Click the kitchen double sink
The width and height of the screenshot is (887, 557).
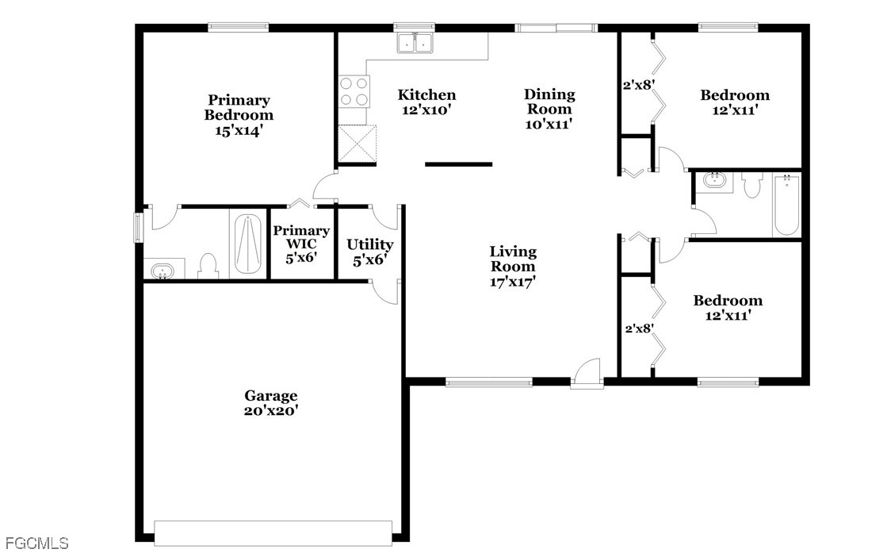pyautogui.click(x=415, y=43)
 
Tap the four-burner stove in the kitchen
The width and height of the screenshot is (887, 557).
pyautogui.click(x=354, y=92)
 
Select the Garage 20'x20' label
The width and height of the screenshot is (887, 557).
pyautogui.click(x=271, y=403)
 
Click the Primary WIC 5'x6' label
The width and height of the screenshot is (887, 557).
pyautogui.click(x=301, y=244)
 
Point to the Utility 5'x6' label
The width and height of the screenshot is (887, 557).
pyautogui.click(x=370, y=252)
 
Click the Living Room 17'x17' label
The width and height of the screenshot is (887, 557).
pyautogui.click(x=513, y=266)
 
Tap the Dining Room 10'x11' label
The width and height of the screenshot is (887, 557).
pyautogui.click(x=549, y=109)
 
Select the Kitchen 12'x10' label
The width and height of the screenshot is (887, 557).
pyautogui.click(x=426, y=102)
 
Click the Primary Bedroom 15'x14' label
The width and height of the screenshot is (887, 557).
pyautogui.click(x=239, y=115)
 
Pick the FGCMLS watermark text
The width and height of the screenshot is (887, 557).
pyautogui.click(x=35, y=544)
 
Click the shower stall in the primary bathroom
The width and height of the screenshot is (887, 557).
pyautogui.click(x=248, y=244)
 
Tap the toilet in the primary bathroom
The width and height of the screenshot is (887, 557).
pyautogui.click(x=208, y=266)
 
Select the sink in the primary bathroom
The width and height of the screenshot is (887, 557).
pyautogui.click(x=163, y=270)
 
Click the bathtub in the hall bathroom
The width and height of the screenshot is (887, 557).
pyautogui.click(x=786, y=205)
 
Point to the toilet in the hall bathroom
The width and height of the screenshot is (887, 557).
pyautogui.click(x=751, y=185)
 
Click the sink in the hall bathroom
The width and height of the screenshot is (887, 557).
pyautogui.click(x=714, y=181)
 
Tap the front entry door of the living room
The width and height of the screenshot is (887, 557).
pyautogui.click(x=587, y=373)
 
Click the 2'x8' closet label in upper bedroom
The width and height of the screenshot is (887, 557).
pyautogui.click(x=639, y=86)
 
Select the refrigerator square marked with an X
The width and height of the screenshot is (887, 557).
pyautogui.click(x=357, y=144)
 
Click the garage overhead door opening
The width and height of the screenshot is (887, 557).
pyautogui.click(x=273, y=533)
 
